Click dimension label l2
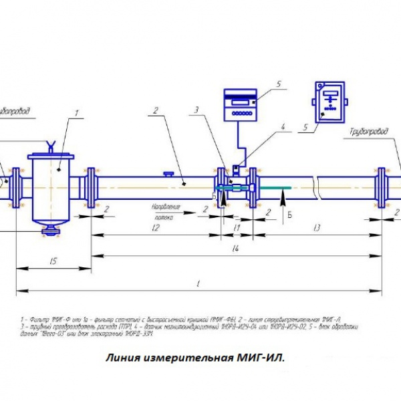point(154,228)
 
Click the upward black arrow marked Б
point(283,198)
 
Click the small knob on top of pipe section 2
point(169,174)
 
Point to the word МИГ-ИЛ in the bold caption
point(260,358)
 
